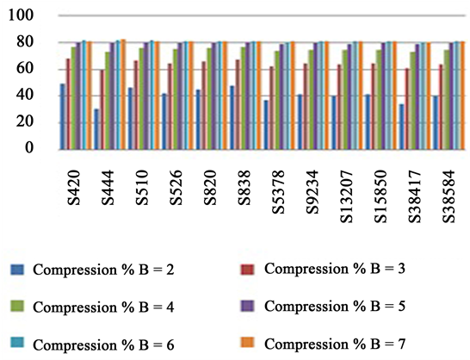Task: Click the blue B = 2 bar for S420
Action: point(63,116)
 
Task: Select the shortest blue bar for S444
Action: point(96,128)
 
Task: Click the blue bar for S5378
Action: point(265,124)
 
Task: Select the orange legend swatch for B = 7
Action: point(250,344)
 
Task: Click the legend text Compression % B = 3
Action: point(335,269)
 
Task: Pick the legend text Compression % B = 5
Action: point(335,306)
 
